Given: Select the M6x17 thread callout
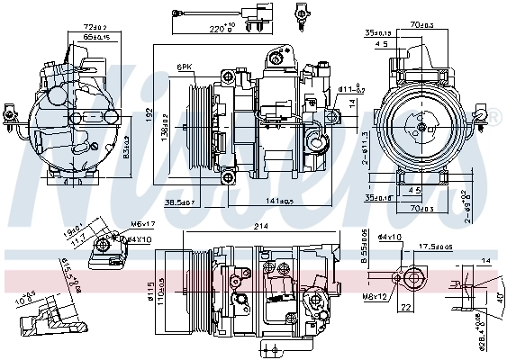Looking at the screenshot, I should [141, 223].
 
